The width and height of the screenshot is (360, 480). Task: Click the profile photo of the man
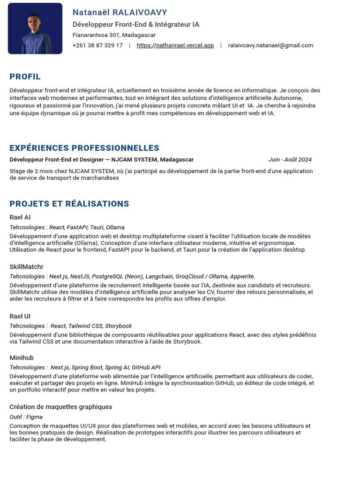point(35,29)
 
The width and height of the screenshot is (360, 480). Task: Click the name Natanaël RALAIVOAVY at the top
point(120,13)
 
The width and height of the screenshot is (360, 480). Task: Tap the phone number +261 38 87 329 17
point(97,45)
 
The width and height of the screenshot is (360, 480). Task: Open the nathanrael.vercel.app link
point(175,45)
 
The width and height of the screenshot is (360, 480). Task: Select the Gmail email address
point(270,45)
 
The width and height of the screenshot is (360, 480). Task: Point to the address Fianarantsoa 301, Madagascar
point(114,35)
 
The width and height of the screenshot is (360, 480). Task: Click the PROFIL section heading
point(25,77)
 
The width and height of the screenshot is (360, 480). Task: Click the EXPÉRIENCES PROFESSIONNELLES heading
point(84,148)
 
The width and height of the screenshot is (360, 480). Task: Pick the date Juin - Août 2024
point(290,160)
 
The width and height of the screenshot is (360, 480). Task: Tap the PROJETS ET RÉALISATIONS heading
point(69,204)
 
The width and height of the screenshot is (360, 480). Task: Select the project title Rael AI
point(20,217)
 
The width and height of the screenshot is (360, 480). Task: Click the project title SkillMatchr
point(26,267)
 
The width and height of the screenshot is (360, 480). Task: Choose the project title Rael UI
point(20,316)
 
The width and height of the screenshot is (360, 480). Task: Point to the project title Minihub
point(22,358)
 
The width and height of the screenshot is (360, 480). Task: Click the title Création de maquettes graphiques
point(61,407)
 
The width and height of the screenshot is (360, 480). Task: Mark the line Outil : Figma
point(26,417)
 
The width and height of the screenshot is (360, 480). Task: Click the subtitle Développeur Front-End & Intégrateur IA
point(136,24)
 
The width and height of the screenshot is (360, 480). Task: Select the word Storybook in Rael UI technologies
point(118,326)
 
